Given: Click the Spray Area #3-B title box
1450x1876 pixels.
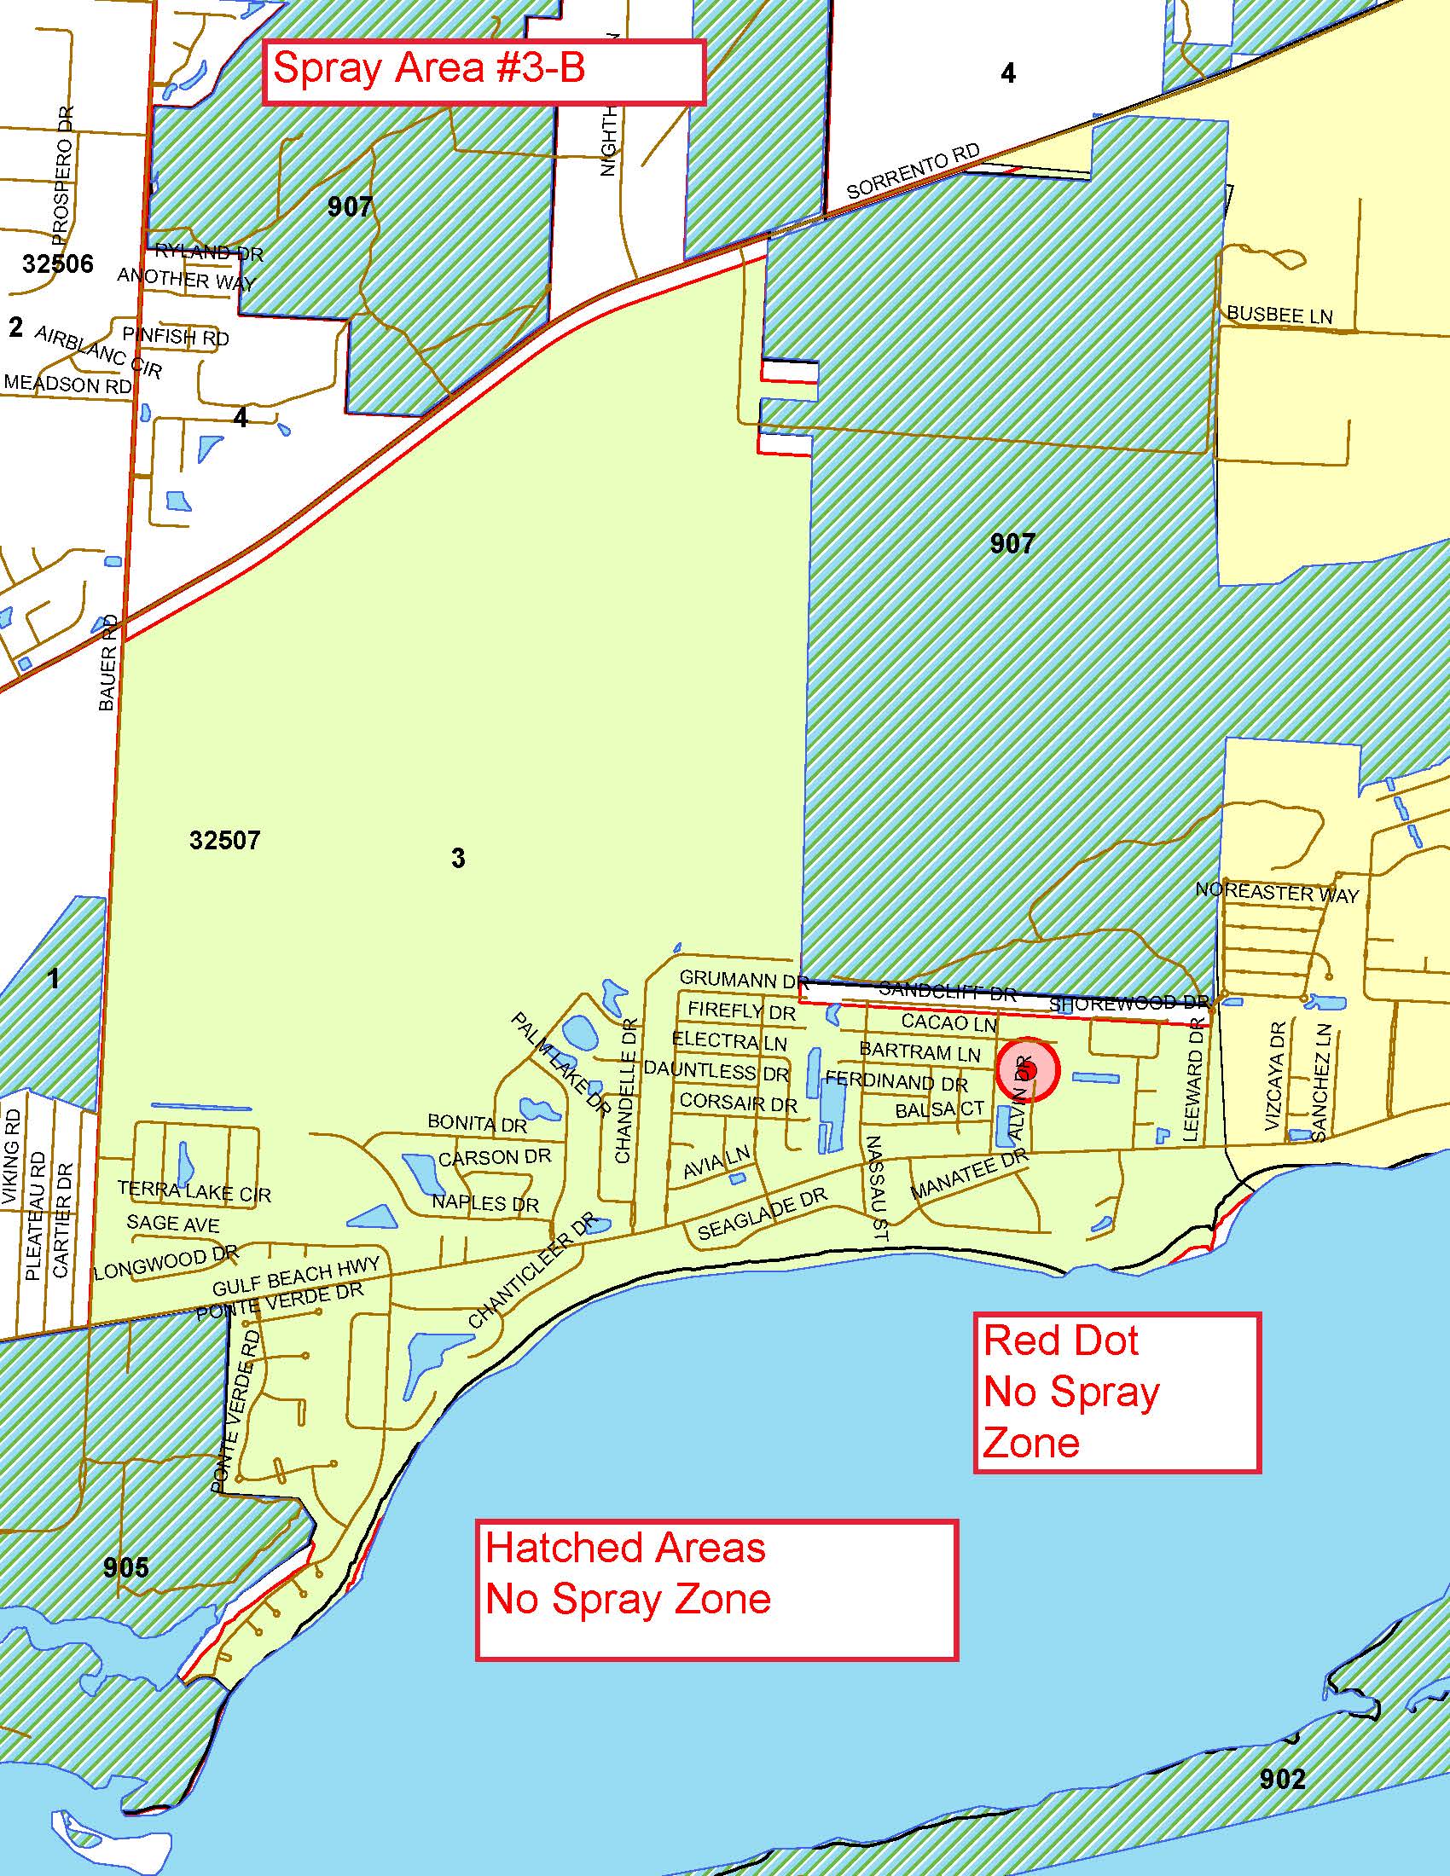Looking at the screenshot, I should pos(483,72).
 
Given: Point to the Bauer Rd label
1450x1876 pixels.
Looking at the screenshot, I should pos(107,663).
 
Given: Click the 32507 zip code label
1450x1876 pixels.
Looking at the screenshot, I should pos(224,839).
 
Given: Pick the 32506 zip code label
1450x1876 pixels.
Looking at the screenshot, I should pos(57,263).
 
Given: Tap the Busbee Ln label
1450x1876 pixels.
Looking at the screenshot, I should pos(1279,315).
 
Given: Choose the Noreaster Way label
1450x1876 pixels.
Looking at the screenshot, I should pos(1277,893).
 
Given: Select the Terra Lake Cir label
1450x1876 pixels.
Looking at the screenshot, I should pos(194,1191).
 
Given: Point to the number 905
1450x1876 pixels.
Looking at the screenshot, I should pos(125,1567).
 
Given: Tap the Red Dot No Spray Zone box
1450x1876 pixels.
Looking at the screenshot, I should pos(1116,1393).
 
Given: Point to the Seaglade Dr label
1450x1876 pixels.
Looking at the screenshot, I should pos(762,1213).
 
